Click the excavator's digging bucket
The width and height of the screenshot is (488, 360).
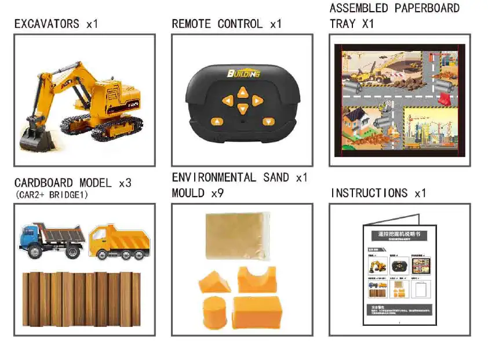35,138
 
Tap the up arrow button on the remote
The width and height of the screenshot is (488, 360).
243,92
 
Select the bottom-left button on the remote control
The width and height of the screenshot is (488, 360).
217,122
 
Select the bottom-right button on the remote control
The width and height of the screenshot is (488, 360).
268,122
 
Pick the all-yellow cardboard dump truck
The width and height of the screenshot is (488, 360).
119,241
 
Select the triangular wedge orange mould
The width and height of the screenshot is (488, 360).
214,281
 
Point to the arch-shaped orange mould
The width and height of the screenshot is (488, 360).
257,279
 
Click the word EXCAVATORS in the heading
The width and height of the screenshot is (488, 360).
47,24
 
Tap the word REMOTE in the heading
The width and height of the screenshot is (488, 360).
191,24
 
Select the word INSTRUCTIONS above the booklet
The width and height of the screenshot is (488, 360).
369,193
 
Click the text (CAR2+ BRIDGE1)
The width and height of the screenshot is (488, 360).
52,195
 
